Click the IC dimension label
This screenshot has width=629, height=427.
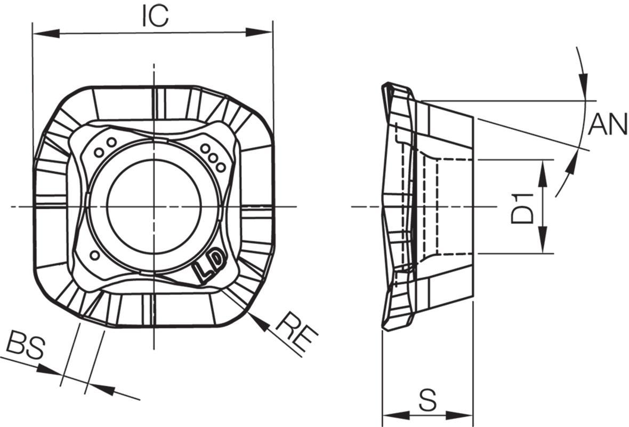point(155,17)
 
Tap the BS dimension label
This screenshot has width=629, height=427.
point(26,345)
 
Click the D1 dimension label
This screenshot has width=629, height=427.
point(523,208)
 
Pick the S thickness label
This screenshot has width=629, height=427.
point(428,399)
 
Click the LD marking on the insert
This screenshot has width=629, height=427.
point(209,265)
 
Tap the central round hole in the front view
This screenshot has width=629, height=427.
point(155,207)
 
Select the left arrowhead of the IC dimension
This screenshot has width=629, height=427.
point(46,33)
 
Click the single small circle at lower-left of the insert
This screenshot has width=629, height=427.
point(95,255)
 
